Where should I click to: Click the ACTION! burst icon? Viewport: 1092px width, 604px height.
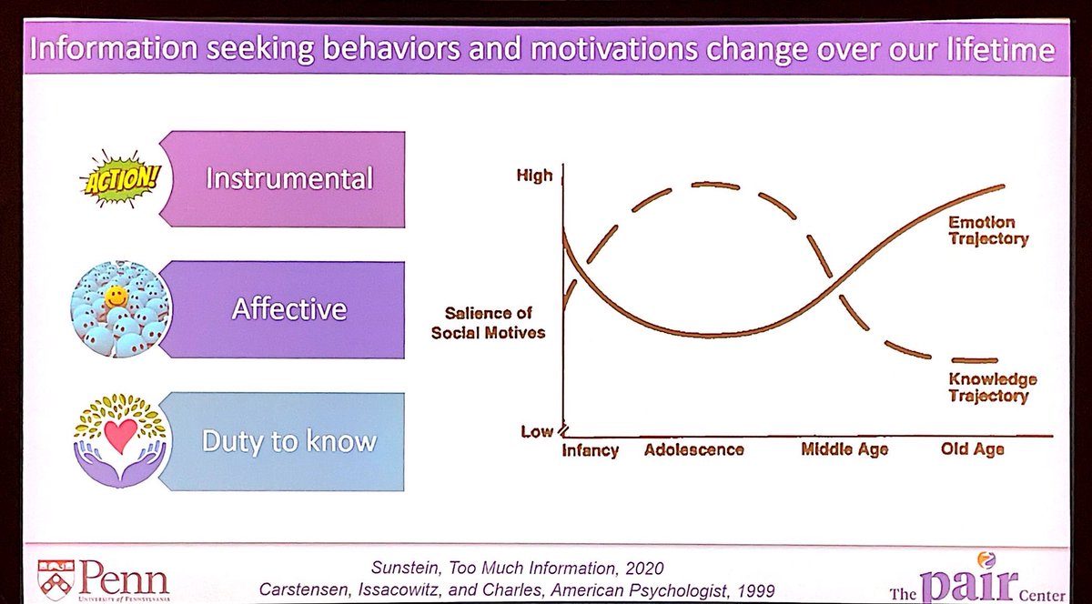pyautogui.click(x=120, y=179)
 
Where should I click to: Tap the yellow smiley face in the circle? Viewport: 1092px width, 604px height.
pyautogui.click(x=116, y=297)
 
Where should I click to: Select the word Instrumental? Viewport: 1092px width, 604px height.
pyautogui.click(x=289, y=178)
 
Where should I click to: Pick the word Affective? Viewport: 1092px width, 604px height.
pyautogui.click(x=289, y=309)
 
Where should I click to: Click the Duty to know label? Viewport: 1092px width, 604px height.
pyautogui.click(x=289, y=441)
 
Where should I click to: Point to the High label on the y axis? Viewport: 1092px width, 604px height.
pyautogui.click(x=535, y=176)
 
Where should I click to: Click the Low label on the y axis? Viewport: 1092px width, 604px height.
pyautogui.click(x=537, y=431)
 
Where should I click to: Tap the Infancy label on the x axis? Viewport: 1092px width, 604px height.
pyautogui.click(x=590, y=450)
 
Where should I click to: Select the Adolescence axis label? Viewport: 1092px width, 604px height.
pyautogui.click(x=693, y=449)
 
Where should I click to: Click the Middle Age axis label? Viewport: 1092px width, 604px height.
pyautogui.click(x=844, y=449)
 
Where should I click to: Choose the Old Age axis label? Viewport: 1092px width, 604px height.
pyautogui.click(x=973, y=448)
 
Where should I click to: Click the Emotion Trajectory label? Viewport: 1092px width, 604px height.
pyautogui.click(x=988, y=230)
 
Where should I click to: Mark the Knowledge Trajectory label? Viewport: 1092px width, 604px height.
pyautogui.click(x=993, y=388)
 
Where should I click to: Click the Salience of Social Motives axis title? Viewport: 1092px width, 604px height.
pyautogui.click(x=488, y=323)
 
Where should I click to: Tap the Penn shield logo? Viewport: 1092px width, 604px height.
pyautogui.click(x=56, y=580)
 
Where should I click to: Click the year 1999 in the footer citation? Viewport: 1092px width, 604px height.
pyautogui.click(x=756, y=591)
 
